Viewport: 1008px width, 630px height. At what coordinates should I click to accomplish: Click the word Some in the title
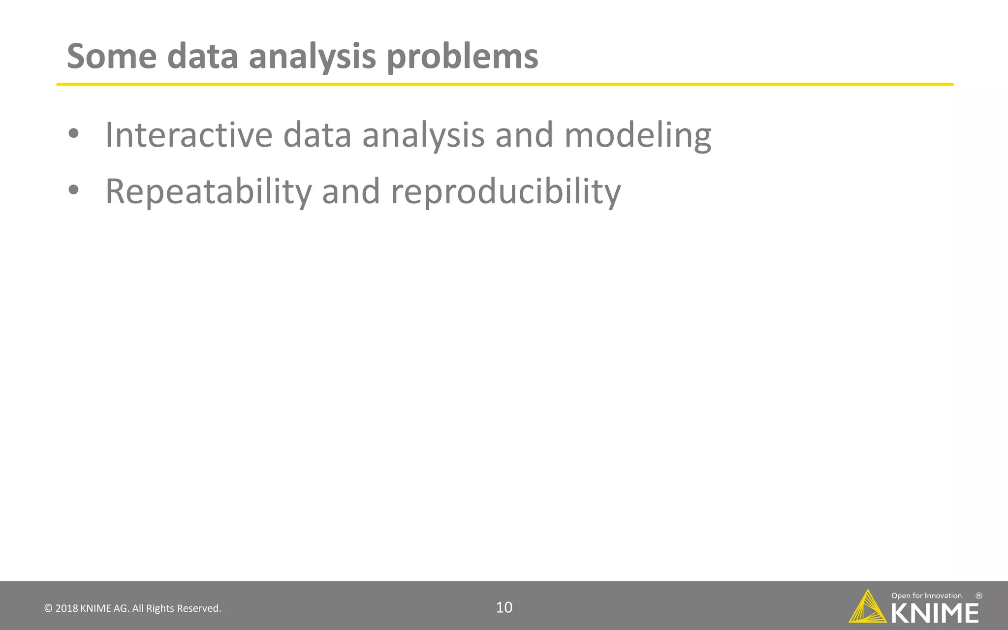112,57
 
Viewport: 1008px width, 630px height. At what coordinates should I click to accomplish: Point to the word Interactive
189,135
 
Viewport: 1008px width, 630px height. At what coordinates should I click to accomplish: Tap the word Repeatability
209,192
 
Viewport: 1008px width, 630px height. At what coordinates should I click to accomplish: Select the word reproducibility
505,192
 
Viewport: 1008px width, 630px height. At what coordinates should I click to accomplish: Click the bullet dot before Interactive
73,134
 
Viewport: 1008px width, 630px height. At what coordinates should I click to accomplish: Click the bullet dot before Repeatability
73,190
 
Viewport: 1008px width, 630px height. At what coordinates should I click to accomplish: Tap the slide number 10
504,607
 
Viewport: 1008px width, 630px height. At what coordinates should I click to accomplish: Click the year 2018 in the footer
66,608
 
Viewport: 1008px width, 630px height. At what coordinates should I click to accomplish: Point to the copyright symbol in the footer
48,608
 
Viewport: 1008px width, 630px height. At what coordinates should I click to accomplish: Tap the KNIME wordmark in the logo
935,613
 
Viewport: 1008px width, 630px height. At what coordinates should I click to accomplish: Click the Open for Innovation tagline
926,596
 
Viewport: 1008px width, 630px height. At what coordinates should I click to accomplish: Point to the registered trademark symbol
978,596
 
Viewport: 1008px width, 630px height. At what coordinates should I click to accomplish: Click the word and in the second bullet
351,192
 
